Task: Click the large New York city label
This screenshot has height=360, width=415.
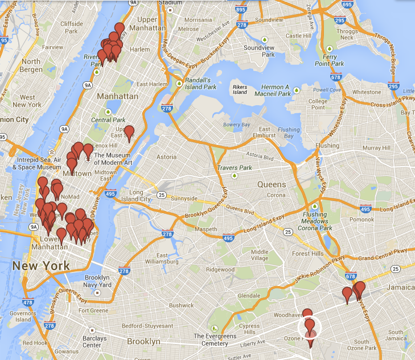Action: tap(41, 266)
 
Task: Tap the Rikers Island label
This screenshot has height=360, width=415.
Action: tap(240, 89)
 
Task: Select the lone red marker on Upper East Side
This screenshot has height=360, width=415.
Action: tap(129, 133)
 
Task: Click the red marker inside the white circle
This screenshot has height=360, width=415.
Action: tap(310, 326)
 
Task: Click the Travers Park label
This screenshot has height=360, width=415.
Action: tap(234, 168)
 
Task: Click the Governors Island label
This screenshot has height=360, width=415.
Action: tap(23, 316)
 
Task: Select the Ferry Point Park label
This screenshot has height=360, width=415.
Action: tap(329, 60)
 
